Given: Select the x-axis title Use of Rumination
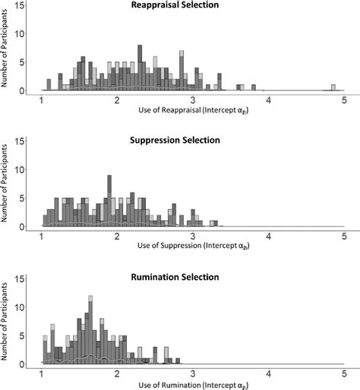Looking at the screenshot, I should coord(192,384).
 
